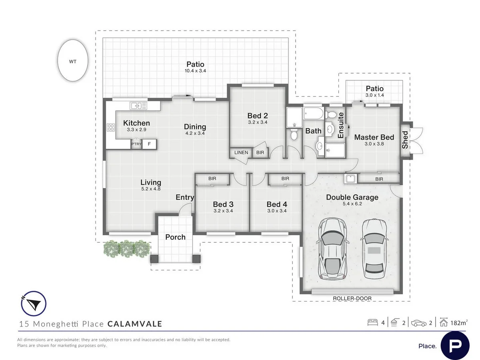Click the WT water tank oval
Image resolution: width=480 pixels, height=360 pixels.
pyautogui.click(x=73, y=60)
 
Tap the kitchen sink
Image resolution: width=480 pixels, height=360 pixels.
pyautogui.click(x=138, y=106)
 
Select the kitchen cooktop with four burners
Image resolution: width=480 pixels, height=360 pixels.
pyautogui.click(x=111, y=127)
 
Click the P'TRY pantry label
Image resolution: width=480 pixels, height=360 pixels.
pyautogui.click(x=136, y=144)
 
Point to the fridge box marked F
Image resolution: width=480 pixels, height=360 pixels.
pyautogui.click(x=149, y=144)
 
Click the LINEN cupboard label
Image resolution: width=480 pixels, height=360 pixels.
pyautogui.click(x=241, y=152)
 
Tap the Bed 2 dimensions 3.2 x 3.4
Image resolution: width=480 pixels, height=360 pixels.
pyautogui.click(x=258, y=122)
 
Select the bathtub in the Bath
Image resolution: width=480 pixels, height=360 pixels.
pyautogui.click(x=313, y=113)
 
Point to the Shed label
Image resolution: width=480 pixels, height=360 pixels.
pyautogui.click(x=405, y=140)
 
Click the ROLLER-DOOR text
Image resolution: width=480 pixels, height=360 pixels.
pyautogui.click(x=352, y=298)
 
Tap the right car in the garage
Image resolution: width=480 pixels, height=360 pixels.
pyautogui.click(x=374, y=249)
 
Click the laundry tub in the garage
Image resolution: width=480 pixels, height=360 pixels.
pyautogui.click(x=351, y=179)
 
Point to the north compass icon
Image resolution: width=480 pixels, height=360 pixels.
pyautogui.click(x=34, y=304)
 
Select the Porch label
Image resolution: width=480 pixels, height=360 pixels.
pyautogui.click(x=175, y=237)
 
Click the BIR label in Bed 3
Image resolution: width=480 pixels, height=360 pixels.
pyautogui.click(x=212, y=178)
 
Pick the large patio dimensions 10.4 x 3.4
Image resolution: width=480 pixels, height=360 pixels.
pyautogui.click(x=195, y=71)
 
